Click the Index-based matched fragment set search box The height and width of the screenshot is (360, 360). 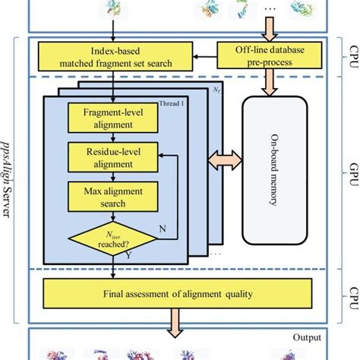click(x=115, y=56)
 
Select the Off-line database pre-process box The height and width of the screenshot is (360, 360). click(x=270, y=55)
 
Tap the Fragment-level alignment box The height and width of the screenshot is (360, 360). click(x=113, y=118)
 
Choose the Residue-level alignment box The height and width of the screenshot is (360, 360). click(x=113, y=157)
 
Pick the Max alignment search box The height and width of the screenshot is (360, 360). click(x=113, y=197)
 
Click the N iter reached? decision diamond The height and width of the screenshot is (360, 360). click(x=113, y=238)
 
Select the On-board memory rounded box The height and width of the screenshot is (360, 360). click(x=275, y=170)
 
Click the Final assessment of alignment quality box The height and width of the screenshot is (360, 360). click(x=178, y=294)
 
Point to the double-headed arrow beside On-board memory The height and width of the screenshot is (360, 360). click(x=225, y=160)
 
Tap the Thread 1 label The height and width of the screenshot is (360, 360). click(x=172, y=103)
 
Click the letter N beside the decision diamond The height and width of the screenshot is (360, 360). click(x=163, y=229)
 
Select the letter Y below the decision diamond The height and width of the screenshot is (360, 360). click(x=128, y=255)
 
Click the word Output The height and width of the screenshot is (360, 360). click(x=307, y=337)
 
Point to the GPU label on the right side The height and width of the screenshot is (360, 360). click(x=354, y=174)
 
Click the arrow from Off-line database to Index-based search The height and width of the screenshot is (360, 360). click(x=205, y=56)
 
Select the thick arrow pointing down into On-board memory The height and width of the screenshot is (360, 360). click(x=270, y=83)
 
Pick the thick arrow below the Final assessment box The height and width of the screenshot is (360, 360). click(x=175, y=323)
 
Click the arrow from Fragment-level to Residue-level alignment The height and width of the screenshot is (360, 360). click(x=113, y=137)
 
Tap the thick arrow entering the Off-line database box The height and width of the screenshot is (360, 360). click(x=270, y=29)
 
